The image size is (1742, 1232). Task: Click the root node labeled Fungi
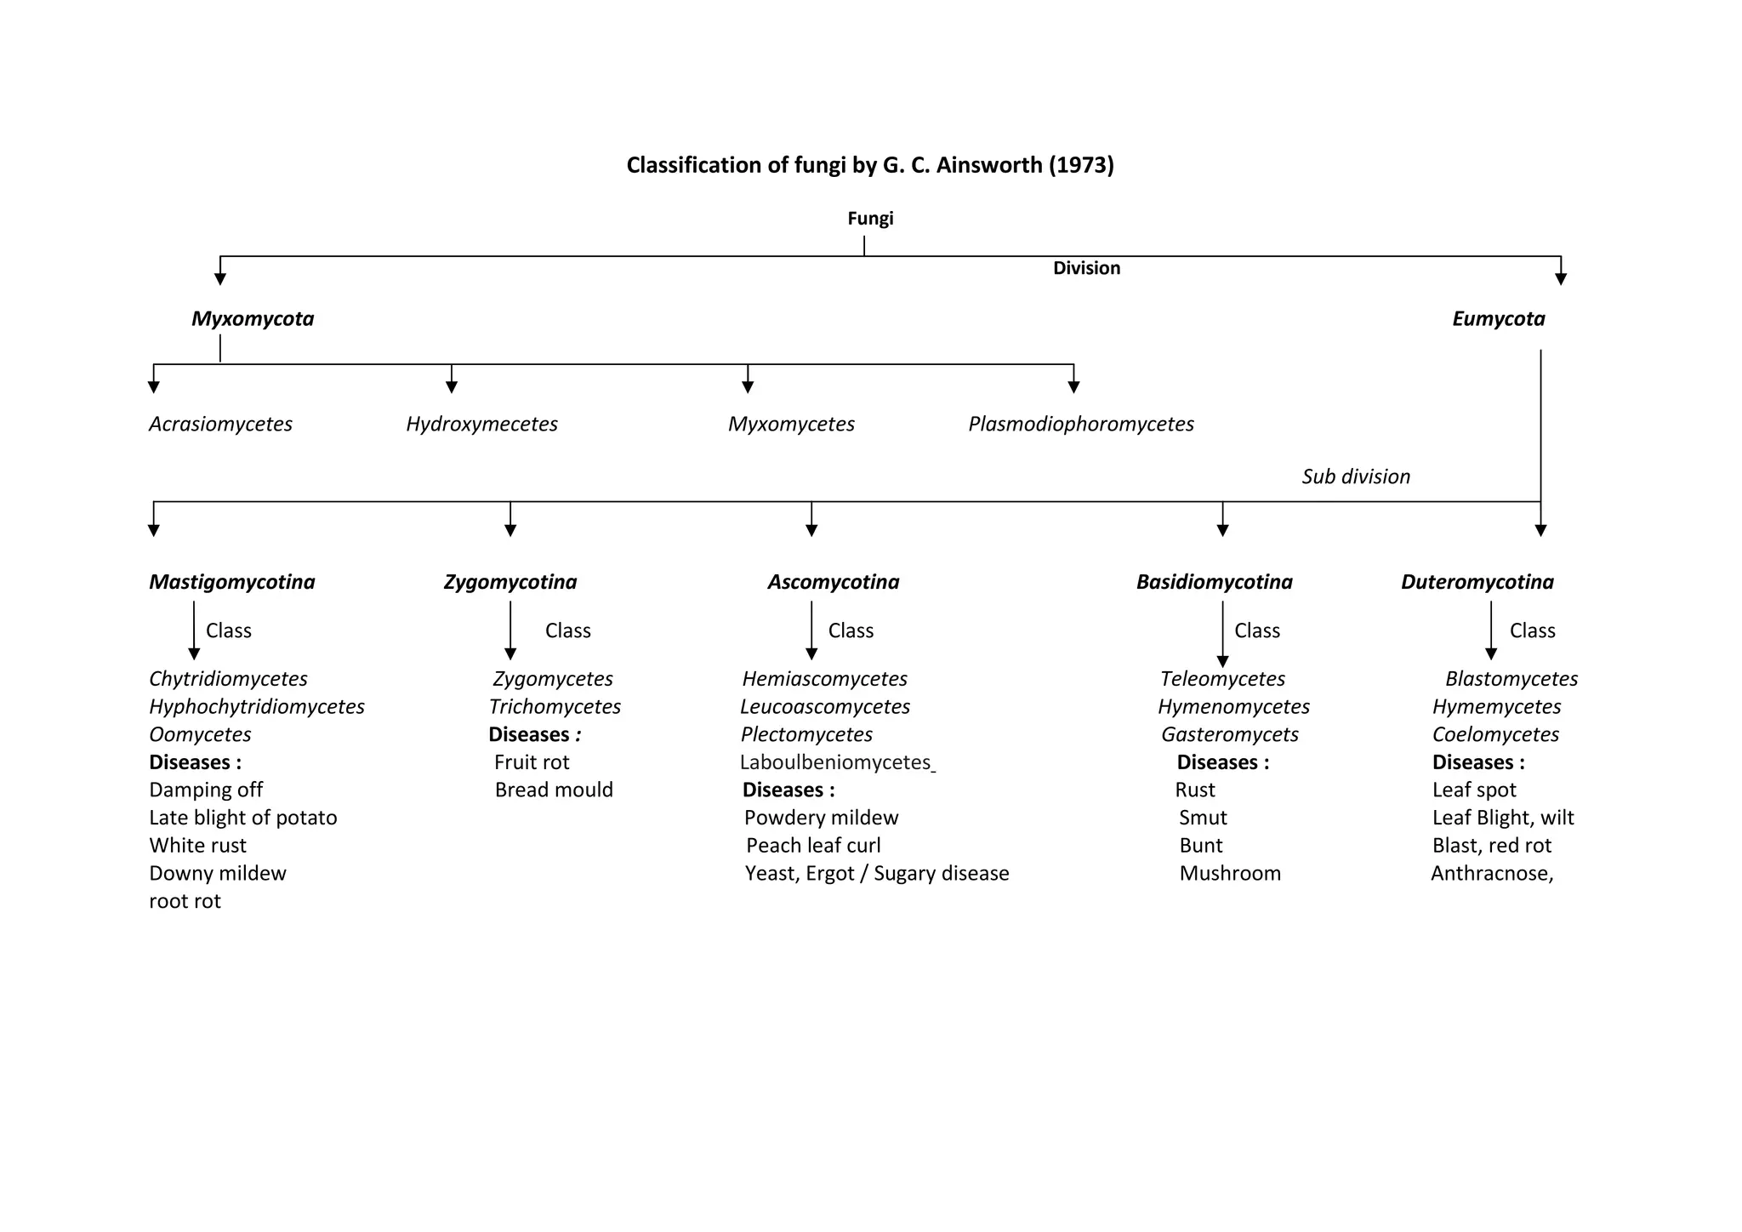pyautogui.click(x=870, y=219)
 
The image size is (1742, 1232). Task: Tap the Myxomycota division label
pyautogui.click(x=253, y=319)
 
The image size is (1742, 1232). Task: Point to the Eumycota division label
pyautogui.click(x=1498, y=319)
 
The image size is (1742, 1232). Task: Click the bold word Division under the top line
pyautogui.click(x=1086, y=268)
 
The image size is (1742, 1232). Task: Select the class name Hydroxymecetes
pyautogui.click(x=481, y=424)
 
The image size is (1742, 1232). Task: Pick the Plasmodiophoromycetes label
pyautogui.click(x=1080, y=424)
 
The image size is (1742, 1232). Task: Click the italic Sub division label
pyautogui.click(x=1355, y=476)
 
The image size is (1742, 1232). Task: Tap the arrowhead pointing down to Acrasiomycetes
pyautogui.click(x=154, y=387)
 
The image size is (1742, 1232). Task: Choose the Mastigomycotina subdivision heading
pyautogui.click(x=231, y=582)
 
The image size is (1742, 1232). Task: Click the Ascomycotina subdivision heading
pyautogui.click(x=833, y=582)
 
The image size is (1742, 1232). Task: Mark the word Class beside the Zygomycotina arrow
pyautogui.click(x=567, y=630)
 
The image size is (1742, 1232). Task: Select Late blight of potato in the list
pyautogui.click(x=242, y=818)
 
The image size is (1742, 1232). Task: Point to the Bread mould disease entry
pyautogui.click(x=554, y=790)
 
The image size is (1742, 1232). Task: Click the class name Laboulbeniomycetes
pyautogui.click(x=835, y=762)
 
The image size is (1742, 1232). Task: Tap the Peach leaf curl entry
pyautogui.click(x=813, y=846)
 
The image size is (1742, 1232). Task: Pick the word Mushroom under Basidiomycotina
pyautogui.click(x=1230, y=873)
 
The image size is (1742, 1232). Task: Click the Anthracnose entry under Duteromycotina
pyautogui.click(x=1491, y=873)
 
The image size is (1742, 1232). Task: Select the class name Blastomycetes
pyautogui.click(x=1511, y=679)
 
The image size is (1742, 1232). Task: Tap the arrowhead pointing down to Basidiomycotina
pyautogui.click(x=1222, y=530)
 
